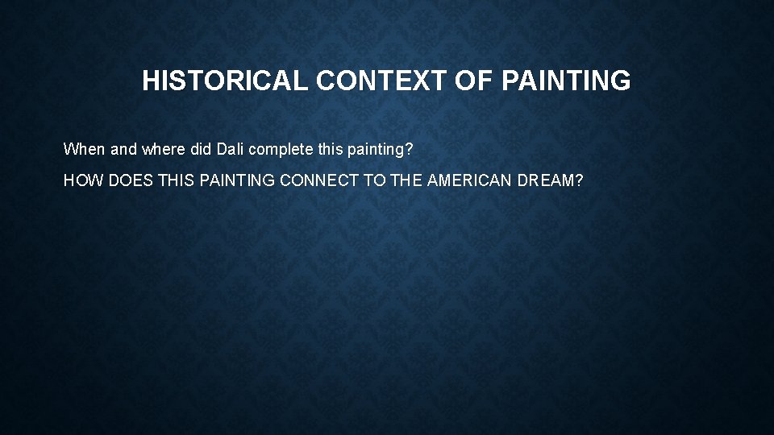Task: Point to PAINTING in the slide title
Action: (x=566, y=81)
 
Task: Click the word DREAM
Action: (x=551, y=181)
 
